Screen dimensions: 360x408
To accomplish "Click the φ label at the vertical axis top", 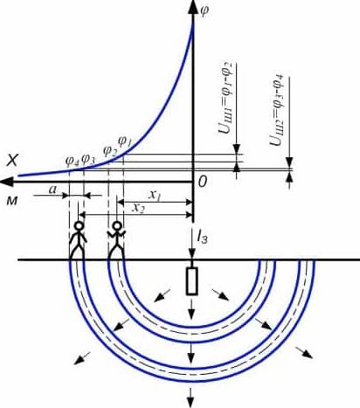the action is pyautogui.click(x=204, y=10).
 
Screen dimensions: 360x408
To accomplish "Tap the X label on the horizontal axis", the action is pyautogui.click(x=13, y=160).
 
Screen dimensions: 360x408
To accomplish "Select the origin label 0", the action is pyautogui.click(x=203, y=182).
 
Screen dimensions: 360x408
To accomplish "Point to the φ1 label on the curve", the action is pyautogui.click(x=125, y=142).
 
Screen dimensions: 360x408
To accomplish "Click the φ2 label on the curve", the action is pyautogui.click(x=110, y=150).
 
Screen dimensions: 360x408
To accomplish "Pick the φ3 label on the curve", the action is pyautogui.click(x=88, y=159).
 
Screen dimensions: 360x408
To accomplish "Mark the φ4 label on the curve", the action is pyautogui.click(x=73, y=161).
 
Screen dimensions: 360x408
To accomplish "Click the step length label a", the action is pyautogui.click(x=52, y=190).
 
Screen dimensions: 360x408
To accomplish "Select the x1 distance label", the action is pyautogui.click(x=155, y=196).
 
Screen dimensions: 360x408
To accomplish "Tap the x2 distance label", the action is pyautogui.click(x=138, y=208).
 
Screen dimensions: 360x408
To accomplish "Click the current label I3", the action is pyautogui.click(x=202, y=238).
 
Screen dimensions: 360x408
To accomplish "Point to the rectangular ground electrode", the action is pyautogui.click(x=192, y=280).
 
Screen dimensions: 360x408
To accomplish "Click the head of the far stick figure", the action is pyautogui.click(x=79, y=225).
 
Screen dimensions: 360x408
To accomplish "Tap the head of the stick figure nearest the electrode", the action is pyautogui.click(x=117, y=225).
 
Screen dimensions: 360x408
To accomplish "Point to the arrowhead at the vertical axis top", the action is pyautogui.click(x=192, y=7).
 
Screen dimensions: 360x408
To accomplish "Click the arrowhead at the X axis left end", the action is pyautogui.click(x=6, y=182).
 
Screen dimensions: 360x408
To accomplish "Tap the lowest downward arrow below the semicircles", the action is pyautogui.click(x=190, y=398).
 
